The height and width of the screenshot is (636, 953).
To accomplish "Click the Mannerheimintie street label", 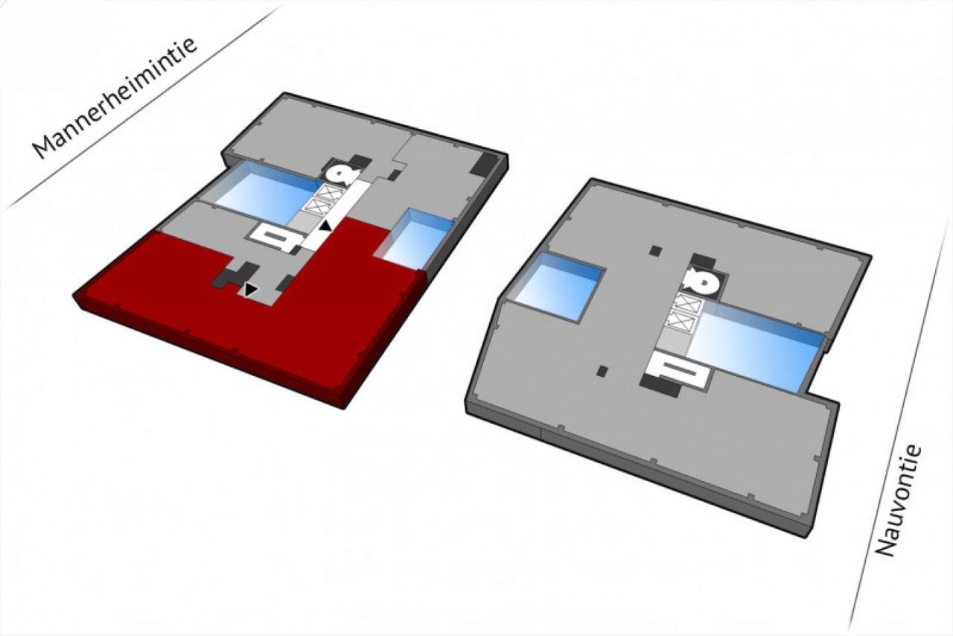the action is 115,99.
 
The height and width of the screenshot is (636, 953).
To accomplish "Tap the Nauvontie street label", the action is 899,500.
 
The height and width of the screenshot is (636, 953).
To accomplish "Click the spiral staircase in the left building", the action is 342,174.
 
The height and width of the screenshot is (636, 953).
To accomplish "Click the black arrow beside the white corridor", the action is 325,226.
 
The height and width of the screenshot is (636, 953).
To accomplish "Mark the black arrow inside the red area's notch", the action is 250,290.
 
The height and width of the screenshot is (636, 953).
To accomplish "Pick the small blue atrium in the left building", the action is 415,239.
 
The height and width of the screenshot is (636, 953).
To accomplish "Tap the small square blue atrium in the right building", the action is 558,286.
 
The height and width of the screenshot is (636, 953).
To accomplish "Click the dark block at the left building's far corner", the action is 484,163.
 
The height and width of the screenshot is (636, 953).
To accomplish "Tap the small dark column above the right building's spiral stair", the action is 656,251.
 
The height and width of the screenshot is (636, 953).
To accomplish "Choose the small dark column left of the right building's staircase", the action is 602,371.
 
